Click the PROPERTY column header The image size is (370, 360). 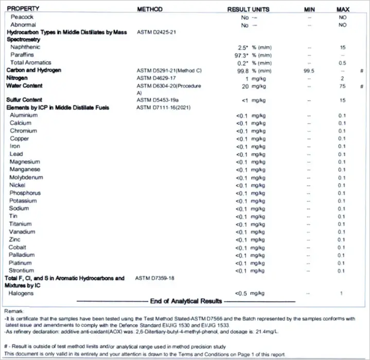(25, 9)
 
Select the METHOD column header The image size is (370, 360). (150, 9)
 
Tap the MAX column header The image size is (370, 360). (343, 9)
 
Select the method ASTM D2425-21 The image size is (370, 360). (157, 32)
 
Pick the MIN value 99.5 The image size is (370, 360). (309, 70)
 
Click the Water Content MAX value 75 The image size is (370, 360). (341, 86)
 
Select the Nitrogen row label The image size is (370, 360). (18, 78)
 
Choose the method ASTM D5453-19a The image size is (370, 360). (157, 100)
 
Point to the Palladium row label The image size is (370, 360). (22, 255)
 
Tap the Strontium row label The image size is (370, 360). (22, 271)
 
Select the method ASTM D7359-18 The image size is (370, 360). (155, 278)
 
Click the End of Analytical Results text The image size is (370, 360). (186, 301)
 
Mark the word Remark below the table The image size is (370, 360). (13, 312)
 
